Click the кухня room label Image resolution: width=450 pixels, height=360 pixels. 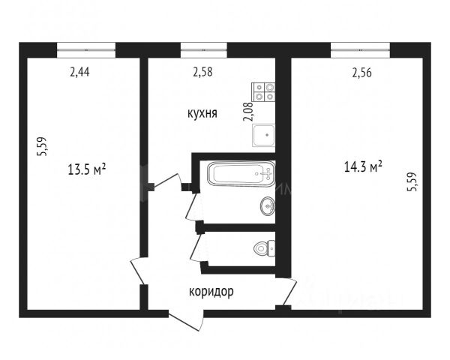click(x=202, y=113)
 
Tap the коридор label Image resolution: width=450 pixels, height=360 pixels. click(x=211, y=292)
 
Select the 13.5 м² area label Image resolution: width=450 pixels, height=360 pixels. click(x=87, y=169)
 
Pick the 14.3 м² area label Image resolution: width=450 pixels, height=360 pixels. click(x=363, y=166)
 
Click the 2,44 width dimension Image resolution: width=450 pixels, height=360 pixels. click(x=79, y=72)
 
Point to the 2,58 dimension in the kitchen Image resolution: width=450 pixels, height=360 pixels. click(x=203, y=72)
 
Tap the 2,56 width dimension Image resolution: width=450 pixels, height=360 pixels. click(x=362, y=73)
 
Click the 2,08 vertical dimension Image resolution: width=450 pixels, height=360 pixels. click(x=248, y=112)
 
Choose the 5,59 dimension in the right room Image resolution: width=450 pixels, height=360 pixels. click(x=412, y=181)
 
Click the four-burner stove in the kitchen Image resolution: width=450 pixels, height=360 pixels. click(x=263, y=91)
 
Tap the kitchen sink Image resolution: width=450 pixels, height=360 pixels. click(x=264, y=135)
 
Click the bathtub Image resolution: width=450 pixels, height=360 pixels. click(x=241, y=174)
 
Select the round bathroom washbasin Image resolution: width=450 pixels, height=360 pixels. click(x=268, y=205)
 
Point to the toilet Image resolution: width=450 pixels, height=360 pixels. click(x=265, y=247)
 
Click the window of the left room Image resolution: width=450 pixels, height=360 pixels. click(x=86, y=50)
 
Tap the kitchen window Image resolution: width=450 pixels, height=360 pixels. click(x=204, y=50)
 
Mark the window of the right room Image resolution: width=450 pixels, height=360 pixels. click(x=360, y=50)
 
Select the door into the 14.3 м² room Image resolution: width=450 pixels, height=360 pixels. click(x=290, y=292)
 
